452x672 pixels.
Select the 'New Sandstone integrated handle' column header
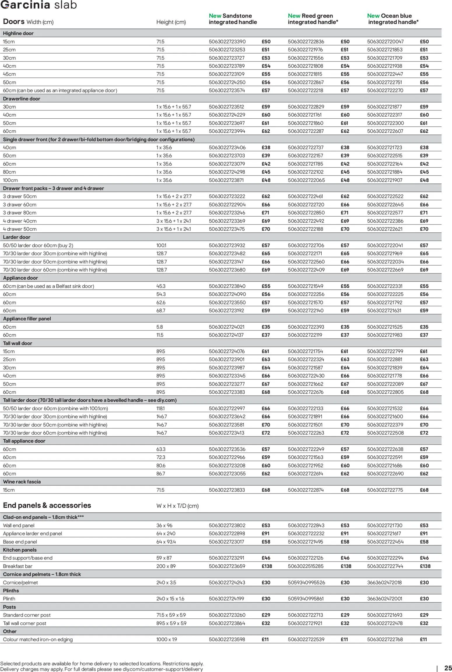click(x=233, y=19)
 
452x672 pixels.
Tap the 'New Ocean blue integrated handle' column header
click(x=393, y=19)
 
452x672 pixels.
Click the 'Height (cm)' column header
click(x=171, y=22)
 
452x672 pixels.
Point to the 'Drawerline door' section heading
click(x=22, y=99)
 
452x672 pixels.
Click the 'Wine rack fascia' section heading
click(x=22, y=482)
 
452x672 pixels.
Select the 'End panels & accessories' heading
click(x=47, y=505)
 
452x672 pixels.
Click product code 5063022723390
click(x=227, y=42)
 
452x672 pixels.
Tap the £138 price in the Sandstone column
click(x=267, y=566)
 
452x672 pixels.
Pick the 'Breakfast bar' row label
click(x=18, y=566)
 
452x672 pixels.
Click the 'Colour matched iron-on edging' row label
click(x=38, y=639)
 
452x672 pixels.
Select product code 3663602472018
click(x=384, y=582)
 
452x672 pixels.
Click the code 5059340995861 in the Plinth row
click(x=306, y=599)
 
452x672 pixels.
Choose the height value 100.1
click(x=161, y=245)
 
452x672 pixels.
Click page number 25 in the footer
click(x=448, y=668)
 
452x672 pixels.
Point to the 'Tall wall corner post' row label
click(x=25, y=623)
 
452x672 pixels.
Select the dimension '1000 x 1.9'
click(x=167, y=639)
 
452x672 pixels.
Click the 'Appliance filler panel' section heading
click(x=27, y=319)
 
